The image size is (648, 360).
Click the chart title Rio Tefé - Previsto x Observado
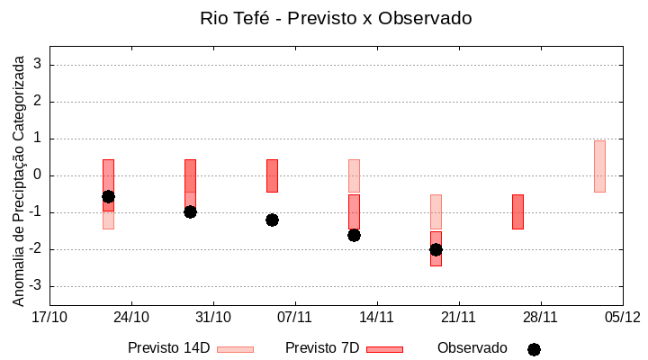pos(336,18)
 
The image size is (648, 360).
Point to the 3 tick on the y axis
pos(39,65)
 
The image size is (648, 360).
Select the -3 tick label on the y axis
pos(36,286)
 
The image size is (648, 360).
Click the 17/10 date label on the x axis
pos(49,317)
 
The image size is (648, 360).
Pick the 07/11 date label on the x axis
pos(294,317)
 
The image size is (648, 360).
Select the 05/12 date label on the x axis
pos(622,317)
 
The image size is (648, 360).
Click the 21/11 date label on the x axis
pos(458,317)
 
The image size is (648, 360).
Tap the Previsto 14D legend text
pos(168,348)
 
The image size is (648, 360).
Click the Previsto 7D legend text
pos(322,348)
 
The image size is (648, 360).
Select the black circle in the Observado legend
pos(534,349)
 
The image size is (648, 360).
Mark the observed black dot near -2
pos(436,249)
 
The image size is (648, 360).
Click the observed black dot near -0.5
pos(108,196)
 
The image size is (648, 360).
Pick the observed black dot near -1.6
pos(354,235)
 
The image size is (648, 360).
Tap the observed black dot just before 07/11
pos(272,220)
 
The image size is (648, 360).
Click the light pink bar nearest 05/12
pos(599,166)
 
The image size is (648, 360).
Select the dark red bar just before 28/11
pos(517,211)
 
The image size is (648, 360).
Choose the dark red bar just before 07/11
pos(272,175)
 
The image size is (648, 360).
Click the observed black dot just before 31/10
pos(190,211)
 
